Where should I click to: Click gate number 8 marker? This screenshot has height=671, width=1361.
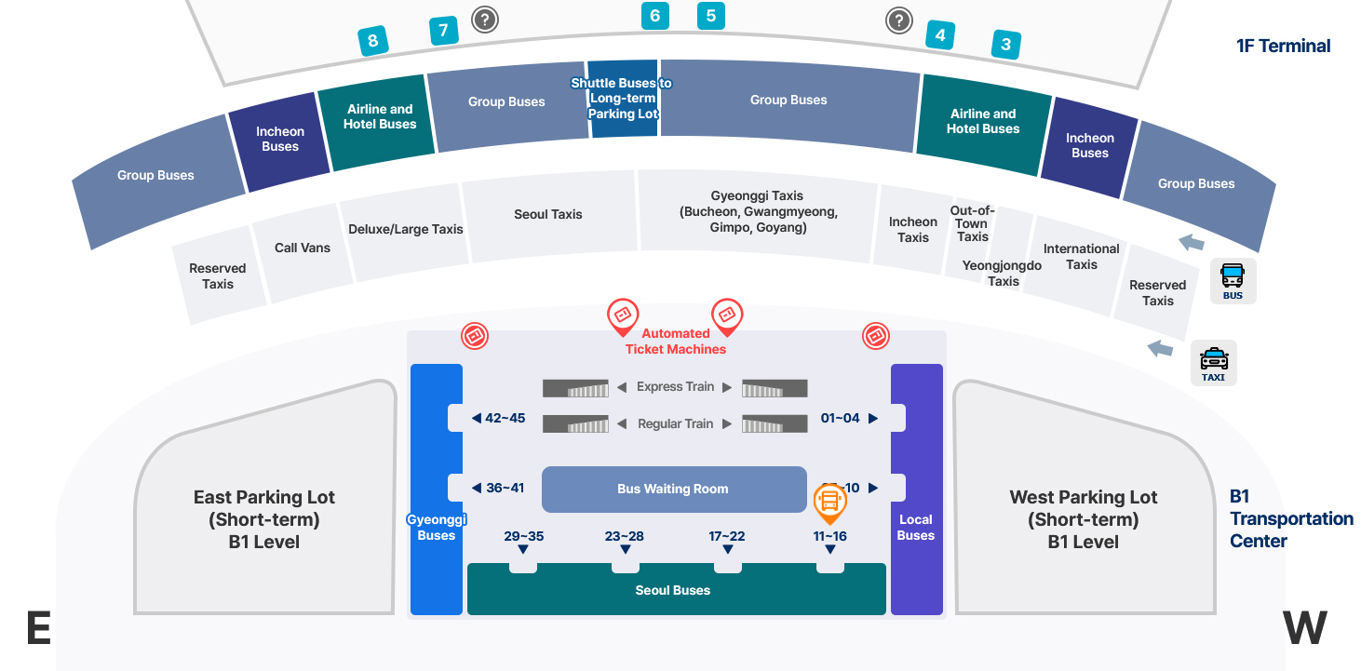373,41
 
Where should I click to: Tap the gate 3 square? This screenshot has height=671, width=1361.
1005,44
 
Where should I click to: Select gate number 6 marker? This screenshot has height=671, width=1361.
655,16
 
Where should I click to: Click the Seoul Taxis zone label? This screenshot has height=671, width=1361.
547,214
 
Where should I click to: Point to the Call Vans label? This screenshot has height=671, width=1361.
303,248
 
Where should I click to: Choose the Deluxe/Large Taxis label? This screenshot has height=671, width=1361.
405,229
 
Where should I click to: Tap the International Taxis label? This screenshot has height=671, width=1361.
1081,257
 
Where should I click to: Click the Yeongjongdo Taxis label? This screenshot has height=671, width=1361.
1003,273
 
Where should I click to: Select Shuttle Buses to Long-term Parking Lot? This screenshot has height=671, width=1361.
622,98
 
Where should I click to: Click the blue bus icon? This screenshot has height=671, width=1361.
1233,280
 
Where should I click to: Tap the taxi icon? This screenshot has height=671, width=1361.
1213,362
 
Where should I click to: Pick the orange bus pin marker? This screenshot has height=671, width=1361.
829,503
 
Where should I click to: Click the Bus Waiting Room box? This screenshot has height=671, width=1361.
673,489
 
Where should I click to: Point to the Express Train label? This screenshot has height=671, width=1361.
675,387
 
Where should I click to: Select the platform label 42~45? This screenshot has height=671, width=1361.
505,418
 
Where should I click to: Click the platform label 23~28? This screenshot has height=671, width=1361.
624,536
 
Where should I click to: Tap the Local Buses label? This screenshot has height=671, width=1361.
916,527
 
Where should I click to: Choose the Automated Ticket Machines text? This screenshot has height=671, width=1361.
676,342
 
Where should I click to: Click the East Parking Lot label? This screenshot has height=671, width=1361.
264,519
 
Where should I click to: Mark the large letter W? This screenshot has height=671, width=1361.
1305,629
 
